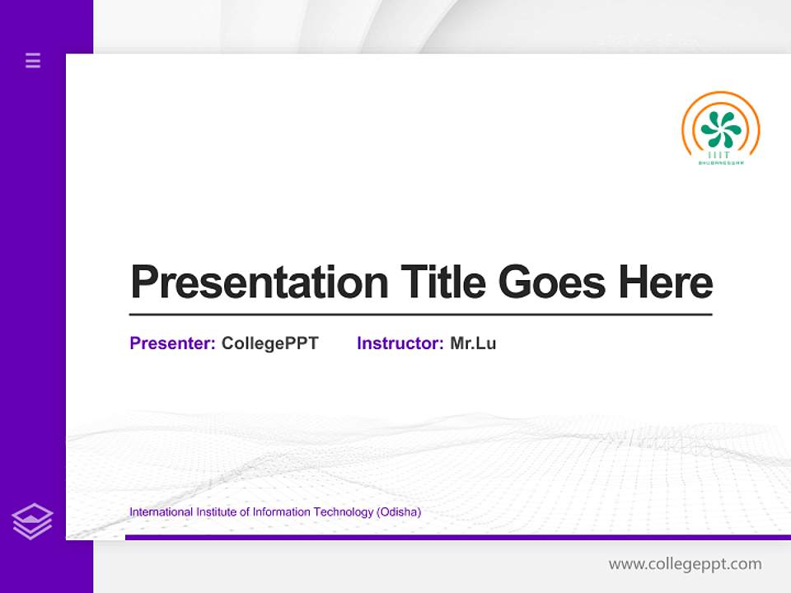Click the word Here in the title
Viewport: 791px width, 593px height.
[665, 282]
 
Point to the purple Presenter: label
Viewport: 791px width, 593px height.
[172, 343]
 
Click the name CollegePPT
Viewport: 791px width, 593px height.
[269, 343]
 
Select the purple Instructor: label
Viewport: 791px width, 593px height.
[400, 343]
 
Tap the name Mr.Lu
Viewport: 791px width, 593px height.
[473, 343]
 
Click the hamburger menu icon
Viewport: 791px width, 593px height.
[33, 60]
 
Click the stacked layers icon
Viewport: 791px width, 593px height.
[32, 521]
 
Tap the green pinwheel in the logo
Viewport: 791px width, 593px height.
[720, 129]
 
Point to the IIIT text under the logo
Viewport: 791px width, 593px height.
[720, 155]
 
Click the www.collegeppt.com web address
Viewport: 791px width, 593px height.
[685, 564]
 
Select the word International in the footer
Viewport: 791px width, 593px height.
[161, 512]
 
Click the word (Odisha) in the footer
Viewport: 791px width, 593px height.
[399, 512]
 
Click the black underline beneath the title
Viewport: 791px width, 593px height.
[420, 315]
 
